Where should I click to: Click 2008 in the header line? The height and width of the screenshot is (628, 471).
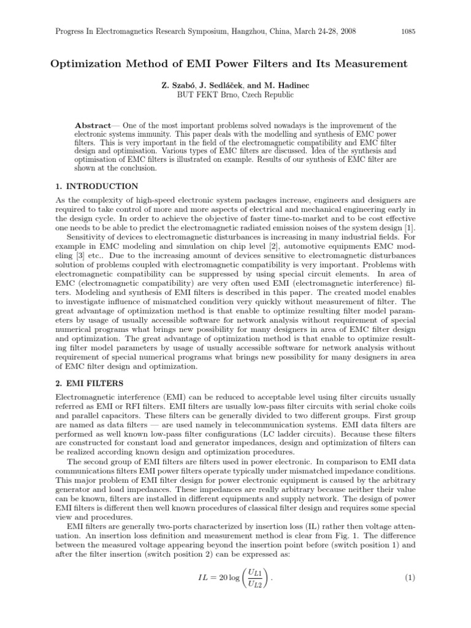(x=347, y=31)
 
